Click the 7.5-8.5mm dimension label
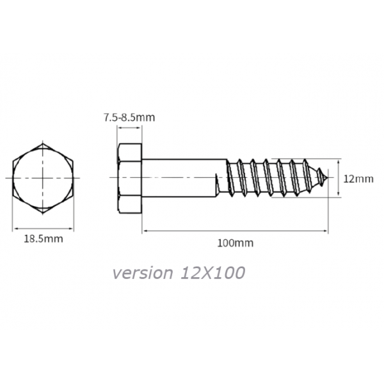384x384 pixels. click(x=129, y=117)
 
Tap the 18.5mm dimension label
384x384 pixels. click(x=44, y=239)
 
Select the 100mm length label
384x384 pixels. click(x=236, y=243)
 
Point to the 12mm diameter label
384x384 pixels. click(x=358, y=179)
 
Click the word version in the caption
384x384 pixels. click(x=143, y=273)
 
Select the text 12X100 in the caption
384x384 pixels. click(x=212, y=273)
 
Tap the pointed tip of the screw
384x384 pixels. click(x=327, y=177)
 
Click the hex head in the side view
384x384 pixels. click(x=129, y=179)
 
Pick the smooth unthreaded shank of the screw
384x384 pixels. click(x=184, y=178)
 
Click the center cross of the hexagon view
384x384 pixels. click(x=43, y=178)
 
